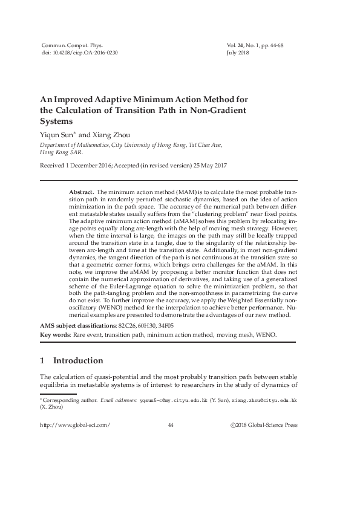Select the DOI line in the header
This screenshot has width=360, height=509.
(x=79, y=53)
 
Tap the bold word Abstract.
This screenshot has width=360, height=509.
(x=82, y=190)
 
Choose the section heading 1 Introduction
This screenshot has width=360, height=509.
(x=71, y=361)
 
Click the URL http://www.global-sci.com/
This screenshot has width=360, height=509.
(x=74, y=425)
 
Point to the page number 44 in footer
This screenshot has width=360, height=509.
(x=170, y=425)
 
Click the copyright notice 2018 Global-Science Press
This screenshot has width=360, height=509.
(x=264, y=425)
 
